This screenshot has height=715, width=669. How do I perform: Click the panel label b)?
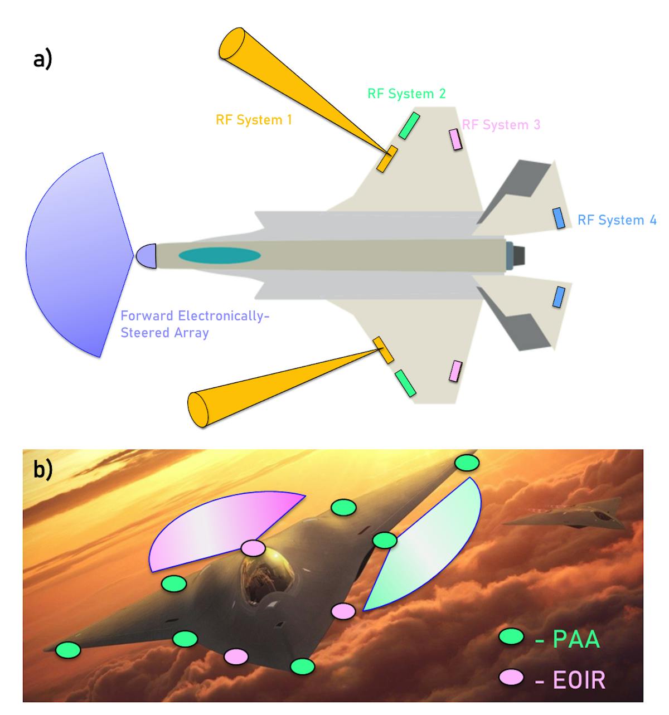click(x=43, y=470)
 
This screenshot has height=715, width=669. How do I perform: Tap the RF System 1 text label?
click(x=254, y=120)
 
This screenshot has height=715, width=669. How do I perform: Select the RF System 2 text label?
click(x=406, y=94)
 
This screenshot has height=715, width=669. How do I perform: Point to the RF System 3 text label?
click(x=501, y=125)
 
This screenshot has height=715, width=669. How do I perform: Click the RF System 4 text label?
click(x=617, y=220)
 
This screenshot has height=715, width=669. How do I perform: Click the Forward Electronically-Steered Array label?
click(x=195, y=324)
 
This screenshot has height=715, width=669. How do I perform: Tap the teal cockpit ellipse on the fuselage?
click(x=220, y=255)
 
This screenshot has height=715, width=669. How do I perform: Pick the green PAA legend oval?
click(x=511, y=636)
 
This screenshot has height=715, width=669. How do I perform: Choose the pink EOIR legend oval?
click(x=511, y=678)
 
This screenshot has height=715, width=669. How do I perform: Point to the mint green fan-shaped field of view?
click(x=429, y=552)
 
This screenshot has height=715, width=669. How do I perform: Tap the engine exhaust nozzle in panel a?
click(x=516, y=255)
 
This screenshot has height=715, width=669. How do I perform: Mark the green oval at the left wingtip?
click(x=69, y=649)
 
